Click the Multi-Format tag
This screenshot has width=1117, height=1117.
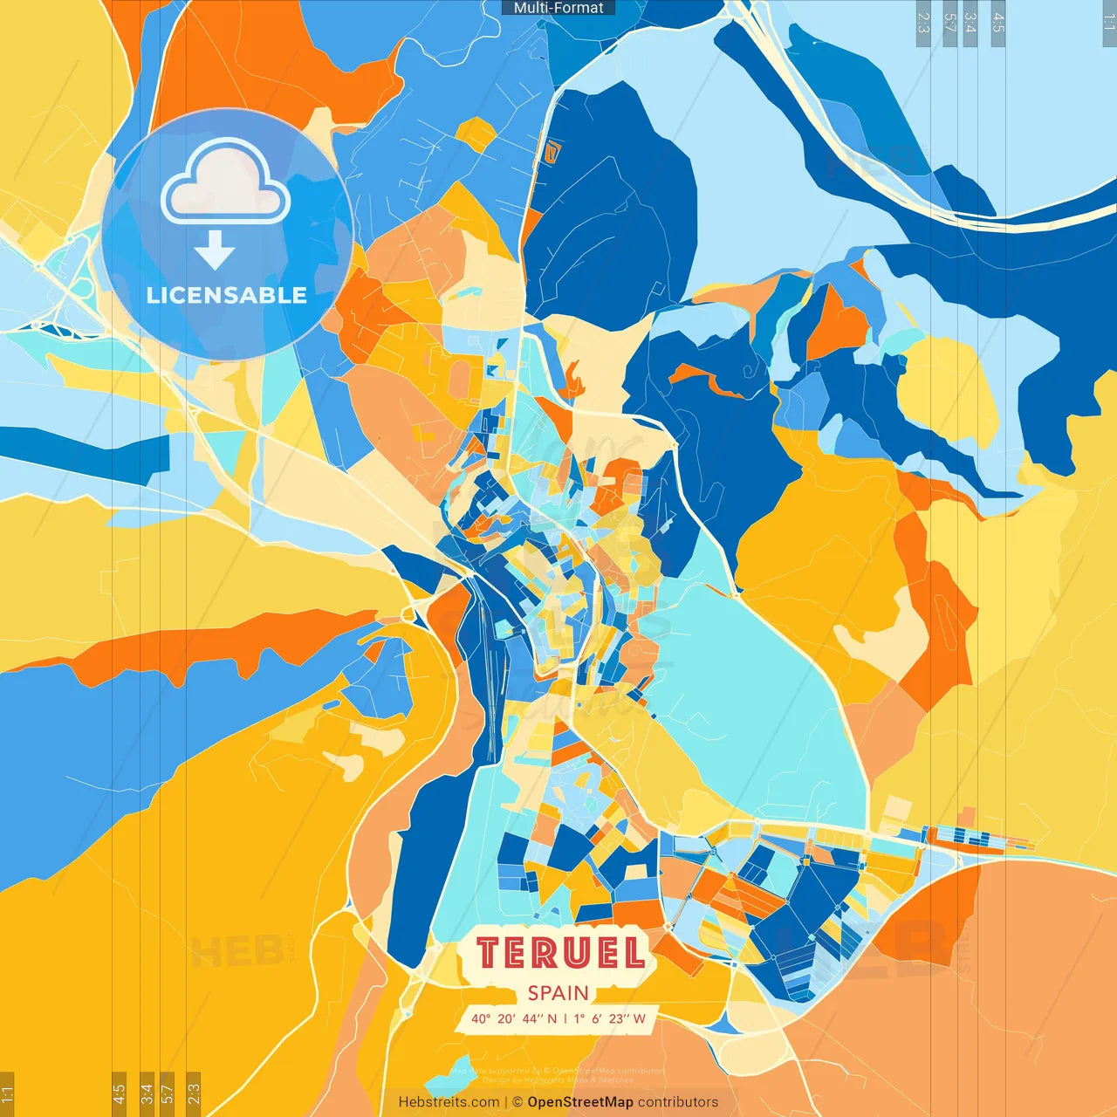click(558, 8)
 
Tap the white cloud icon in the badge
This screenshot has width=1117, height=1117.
click(225, 183)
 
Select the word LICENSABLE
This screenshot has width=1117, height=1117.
click(227, 295)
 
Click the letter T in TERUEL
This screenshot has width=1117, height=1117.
click(490, 953)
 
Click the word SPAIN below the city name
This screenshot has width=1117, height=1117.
click(558, 993)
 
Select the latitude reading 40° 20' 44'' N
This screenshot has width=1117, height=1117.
click(514, 1018)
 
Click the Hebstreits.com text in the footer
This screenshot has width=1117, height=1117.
click(449, 1102)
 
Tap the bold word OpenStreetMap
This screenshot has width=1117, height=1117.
click(580, 1102)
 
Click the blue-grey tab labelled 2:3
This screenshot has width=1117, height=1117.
click(923, 23)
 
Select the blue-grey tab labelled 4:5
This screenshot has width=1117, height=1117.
click(997, 23)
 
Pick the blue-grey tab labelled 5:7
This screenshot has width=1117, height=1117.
click(949, 23)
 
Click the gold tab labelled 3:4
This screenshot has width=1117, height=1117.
click(147, 1093)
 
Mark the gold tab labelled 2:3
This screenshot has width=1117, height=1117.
click(194, 1093)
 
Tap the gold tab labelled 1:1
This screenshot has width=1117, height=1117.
click(7, 1093)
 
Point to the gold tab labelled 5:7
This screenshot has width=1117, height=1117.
click(168, 1093)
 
